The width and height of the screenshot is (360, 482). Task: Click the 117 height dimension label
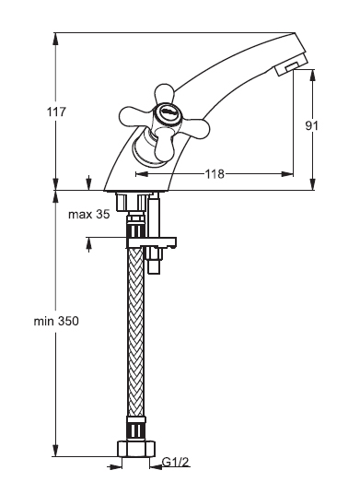coord(56,112)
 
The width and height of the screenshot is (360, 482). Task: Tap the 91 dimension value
coord(312,125)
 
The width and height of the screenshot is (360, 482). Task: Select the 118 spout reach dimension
coord(215,174)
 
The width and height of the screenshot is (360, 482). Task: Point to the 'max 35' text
coord(88,214)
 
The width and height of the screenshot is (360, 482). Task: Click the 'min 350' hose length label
coord(56,322)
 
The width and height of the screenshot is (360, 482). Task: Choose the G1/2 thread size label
coord(175,462)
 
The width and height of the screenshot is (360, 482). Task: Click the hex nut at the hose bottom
coord(136,449)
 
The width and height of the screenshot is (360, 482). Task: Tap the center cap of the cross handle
coord(167,112)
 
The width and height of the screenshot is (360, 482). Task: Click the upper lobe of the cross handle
coord(164,93)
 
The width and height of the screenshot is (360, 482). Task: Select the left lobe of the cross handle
coord(134,117)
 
